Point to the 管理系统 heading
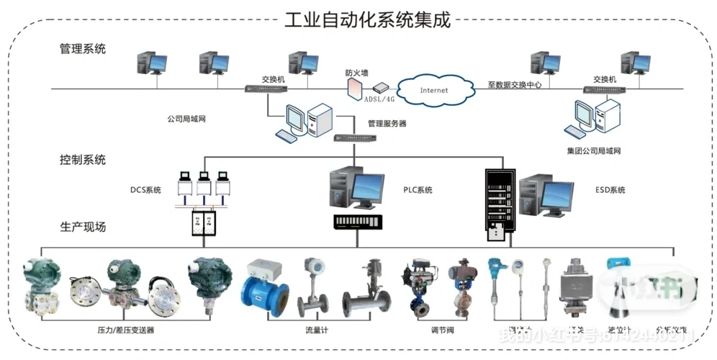pos(83,49)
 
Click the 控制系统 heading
pos(83,159)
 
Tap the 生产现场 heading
pos(83,226)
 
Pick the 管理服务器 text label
pos(387,124)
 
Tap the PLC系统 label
pos(418,190)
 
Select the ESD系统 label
pos(610,190)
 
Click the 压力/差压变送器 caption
pos(126,330)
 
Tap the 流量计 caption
pos(317,330)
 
